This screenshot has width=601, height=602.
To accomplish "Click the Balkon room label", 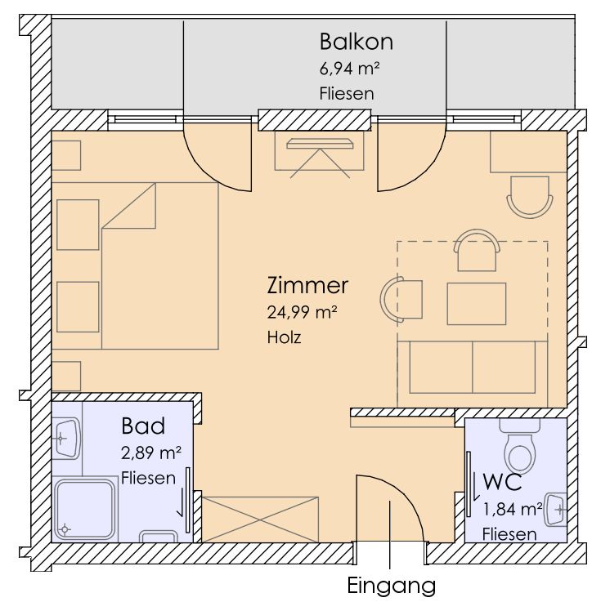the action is [357, 42].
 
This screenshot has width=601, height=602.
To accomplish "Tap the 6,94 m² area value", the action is [350, 69].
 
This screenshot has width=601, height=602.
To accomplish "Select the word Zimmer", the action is [307, 285].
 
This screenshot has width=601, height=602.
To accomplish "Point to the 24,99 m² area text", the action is [302, 312].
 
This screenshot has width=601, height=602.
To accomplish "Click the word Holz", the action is [284, 337].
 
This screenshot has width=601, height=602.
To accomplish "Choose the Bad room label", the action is [143, 426].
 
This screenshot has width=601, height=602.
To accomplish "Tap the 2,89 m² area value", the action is [151, 453].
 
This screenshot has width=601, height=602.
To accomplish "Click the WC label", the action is [502, 482].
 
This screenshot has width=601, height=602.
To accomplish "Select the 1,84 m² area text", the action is [513, 509].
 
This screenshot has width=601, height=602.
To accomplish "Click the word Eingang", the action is [392, 586].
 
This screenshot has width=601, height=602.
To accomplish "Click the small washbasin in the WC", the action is [556, 509].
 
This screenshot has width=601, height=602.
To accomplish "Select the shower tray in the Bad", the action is [85, 509].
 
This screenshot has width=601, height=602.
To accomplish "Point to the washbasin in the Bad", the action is [66, 438].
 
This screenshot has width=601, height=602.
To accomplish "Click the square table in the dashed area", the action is [477, 304].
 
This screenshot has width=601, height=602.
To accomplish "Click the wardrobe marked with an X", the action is [260, 520].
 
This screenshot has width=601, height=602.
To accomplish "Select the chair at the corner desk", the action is [530, 197].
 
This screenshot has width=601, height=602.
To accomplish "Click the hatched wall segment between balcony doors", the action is [315, 120].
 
